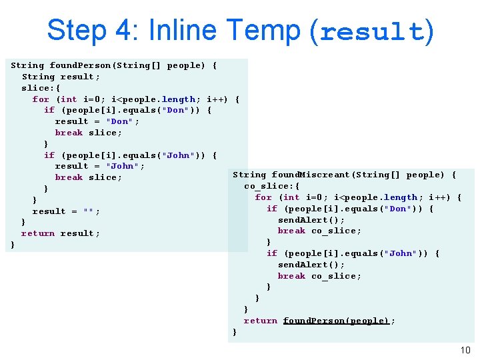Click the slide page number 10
465,351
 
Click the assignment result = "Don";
97,121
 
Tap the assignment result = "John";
100,166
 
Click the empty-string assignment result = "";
67,211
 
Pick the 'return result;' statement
61,233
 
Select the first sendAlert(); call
311,219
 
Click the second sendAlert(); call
311,265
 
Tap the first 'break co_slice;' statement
319,231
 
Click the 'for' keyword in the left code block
41,99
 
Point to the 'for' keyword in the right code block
263,197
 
